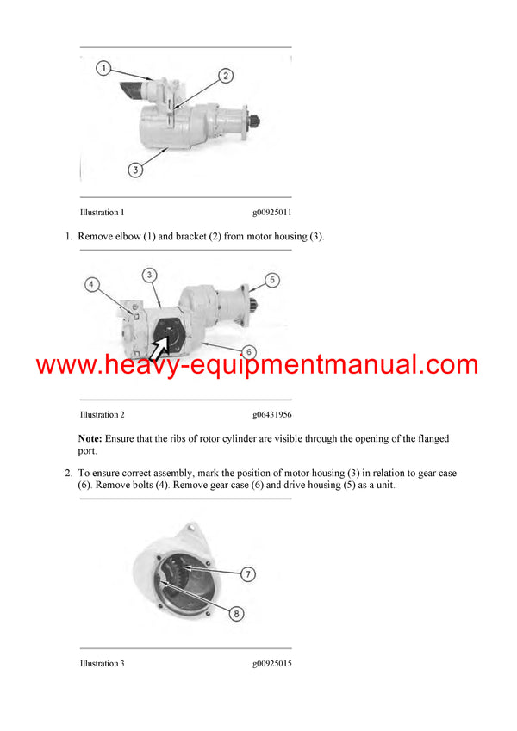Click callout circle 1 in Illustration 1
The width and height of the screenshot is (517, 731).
pos(103,67)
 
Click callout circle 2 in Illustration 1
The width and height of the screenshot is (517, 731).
pos(225,76)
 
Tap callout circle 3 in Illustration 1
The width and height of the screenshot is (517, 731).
pos(135,170)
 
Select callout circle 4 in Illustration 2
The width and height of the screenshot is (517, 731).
pos(92,283)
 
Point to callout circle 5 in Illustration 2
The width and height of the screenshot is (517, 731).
pos(271,279)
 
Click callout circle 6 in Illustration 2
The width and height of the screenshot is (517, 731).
pos(247,351)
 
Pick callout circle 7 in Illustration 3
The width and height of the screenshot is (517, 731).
pos(247,574)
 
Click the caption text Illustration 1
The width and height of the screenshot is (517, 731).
pos(102,212)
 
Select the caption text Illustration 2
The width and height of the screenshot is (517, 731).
pos(102,414)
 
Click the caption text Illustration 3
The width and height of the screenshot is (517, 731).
pos(102,663)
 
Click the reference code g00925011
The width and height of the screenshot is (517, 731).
pos(271,212)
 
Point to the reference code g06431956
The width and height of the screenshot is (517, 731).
pos(271,414)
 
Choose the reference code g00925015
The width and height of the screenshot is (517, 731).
pos(271,663)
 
